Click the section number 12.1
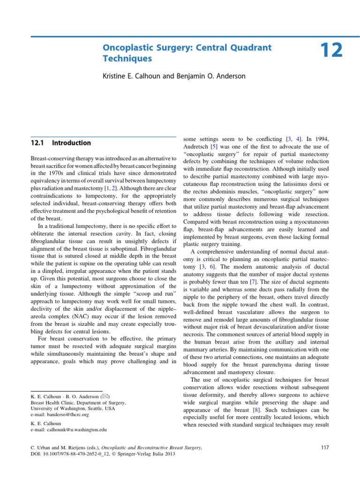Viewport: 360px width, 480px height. tap(37, 142)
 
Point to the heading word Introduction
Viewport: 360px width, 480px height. tap(71, 142)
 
